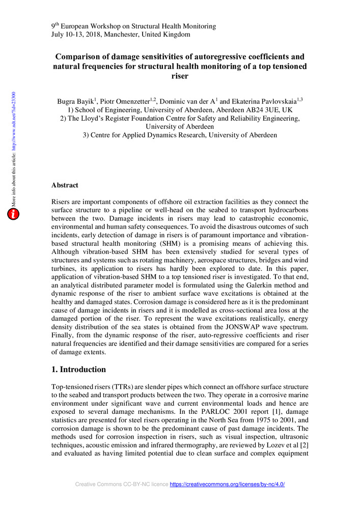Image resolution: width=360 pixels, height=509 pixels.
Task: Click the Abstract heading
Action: pyautogui.click(x=65, y=186)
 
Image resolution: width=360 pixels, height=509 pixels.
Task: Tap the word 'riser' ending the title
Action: pyautogui.click(x=180, y=76)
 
